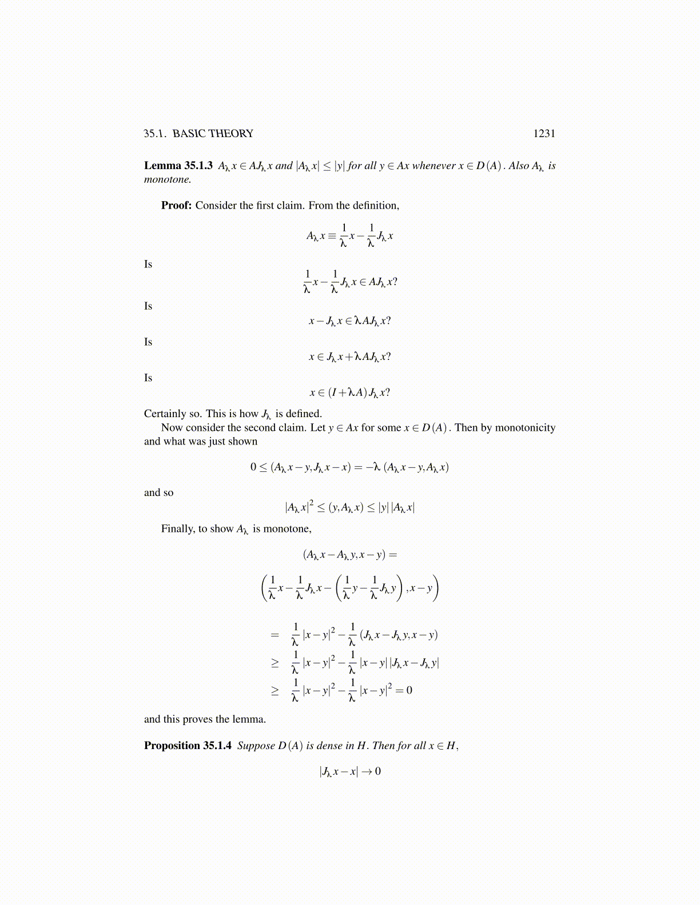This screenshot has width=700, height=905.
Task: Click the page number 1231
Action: pos(544,134)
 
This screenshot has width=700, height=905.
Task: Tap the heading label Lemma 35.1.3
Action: pos(178,166)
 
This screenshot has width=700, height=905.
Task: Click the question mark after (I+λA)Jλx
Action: pos(387,393)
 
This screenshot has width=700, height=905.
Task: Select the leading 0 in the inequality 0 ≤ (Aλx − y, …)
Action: pos(253,467)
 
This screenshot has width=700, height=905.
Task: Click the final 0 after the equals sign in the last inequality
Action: pos(409,691)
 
